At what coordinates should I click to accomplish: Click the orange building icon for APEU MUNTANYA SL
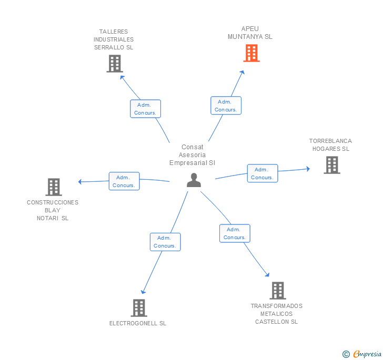(x=251, y=53)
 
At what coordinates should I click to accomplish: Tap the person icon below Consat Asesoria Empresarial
(x=194, y=180)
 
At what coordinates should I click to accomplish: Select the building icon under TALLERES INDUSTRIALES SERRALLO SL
(x=115, y=64)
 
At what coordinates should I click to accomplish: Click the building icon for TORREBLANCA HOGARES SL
(x=332, y=165)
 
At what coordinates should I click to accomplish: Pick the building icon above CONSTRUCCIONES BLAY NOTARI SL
(x=54, y=187)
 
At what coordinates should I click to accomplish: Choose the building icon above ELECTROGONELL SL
(x=139, y=308)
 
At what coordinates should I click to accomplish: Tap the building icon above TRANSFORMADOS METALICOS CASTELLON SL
(x=278, y=291)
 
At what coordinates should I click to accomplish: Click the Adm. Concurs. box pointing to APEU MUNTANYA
(x=226, y=106)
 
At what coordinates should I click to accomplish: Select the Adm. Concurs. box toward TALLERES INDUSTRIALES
(x=145, y=109)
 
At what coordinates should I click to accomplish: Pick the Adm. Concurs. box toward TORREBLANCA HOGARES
(x=263, y=173)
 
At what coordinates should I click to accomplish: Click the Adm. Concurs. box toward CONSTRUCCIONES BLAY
(x=124, y=181)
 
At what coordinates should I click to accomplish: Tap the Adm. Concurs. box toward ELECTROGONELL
(x=165, y=242)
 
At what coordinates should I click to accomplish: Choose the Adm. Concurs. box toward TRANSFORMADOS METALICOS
(x=235, y=233)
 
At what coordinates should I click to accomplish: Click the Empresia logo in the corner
(x=362, y=354)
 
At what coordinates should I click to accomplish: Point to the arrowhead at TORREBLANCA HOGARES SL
(x=308, y=169)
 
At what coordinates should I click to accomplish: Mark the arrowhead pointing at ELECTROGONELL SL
(x=143, y=292)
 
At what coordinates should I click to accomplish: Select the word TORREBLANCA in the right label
(x=330, y=141)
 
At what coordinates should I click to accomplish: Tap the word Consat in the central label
(x=192, y=147)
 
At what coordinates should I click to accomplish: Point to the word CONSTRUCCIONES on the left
(x=53, y=202)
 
